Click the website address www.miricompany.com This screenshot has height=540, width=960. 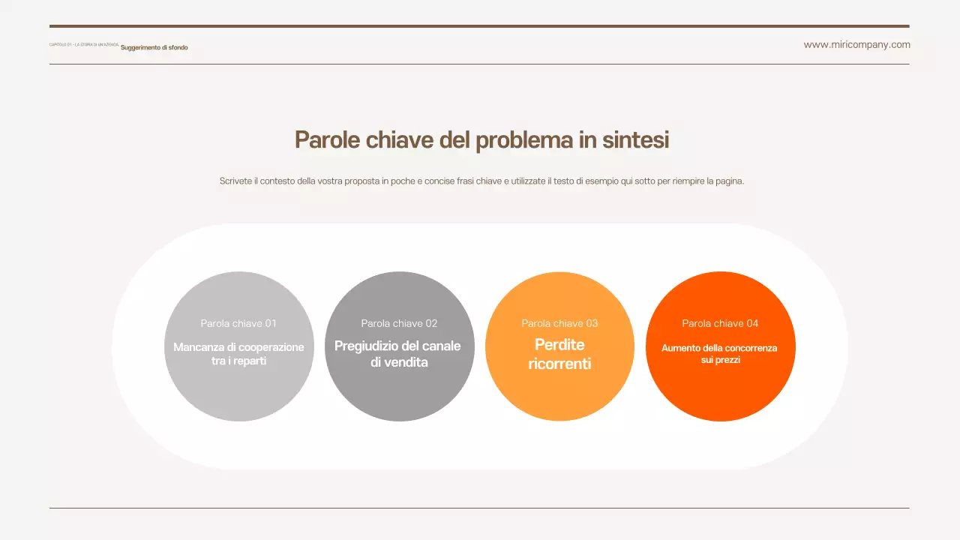click(856, 45)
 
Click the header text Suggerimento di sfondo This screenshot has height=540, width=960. click(154, 48)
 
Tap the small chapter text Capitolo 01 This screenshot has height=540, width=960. click(59, 45)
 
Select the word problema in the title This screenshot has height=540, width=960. click(523, 140)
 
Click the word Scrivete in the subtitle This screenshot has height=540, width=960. click(235, 181)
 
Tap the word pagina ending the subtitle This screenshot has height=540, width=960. click(726, 181)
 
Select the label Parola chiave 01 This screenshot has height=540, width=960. click(238, 323)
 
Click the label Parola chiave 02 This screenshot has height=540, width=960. click(399, 323)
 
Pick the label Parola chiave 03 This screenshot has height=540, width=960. click(559, 323)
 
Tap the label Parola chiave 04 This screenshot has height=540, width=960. click(720, 323)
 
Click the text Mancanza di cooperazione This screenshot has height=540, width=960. click(238, 347)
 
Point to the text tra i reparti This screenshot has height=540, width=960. click(238, 361)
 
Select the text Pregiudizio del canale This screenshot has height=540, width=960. click(397, 346)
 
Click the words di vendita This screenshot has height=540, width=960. click(399, 362)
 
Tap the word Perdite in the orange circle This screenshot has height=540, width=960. click(559, 345)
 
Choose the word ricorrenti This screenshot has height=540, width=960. click(559, 364)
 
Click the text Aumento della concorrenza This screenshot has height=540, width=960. click(719, 348)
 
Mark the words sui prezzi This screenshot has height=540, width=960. click(720, 360)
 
